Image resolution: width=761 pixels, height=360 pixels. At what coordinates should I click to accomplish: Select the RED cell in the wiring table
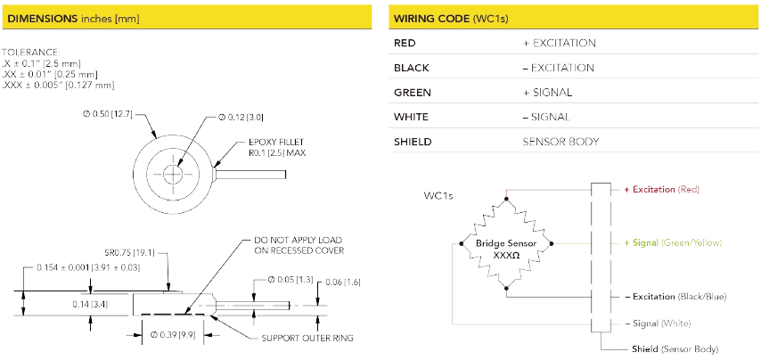[405, 43]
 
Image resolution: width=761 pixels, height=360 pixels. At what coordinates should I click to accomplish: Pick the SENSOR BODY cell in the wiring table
[561, 142]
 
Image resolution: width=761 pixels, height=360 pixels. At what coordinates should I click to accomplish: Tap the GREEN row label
[412, 92]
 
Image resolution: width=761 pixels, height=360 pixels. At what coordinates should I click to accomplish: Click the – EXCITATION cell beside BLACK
[558, 68]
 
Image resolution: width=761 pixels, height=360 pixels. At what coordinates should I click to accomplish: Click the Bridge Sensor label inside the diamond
[506, 242]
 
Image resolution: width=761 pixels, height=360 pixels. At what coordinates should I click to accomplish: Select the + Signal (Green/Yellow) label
[673, 242]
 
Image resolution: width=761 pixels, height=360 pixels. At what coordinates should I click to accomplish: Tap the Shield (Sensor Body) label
[675, 348]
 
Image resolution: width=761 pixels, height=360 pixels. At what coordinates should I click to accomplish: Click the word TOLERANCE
[31, 52]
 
